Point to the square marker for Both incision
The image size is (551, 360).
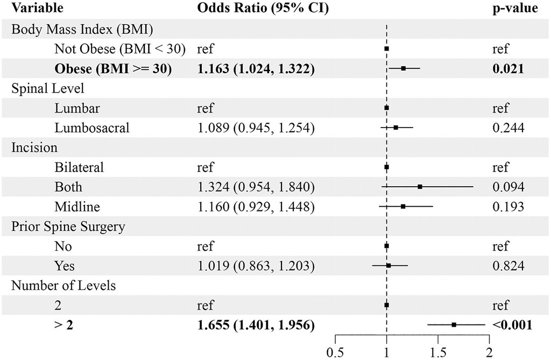click(x=420, y=187)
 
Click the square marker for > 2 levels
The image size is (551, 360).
click(x=454, y=324)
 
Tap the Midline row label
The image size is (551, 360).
click(x=77, y=207)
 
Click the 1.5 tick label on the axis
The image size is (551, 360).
click(x=438, y=352)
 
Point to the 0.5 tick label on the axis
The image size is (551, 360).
click(x=335, y=352)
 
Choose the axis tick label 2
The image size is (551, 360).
click(x=489, y=352)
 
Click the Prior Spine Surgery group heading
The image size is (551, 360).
click(x=68, y=227)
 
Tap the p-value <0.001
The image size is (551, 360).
click(x=509, y=324)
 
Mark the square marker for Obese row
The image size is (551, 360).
click(x=403, y=68)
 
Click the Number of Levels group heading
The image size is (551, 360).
click(x=63, y=285)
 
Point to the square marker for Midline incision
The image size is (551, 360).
click(x=403, y=206)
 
